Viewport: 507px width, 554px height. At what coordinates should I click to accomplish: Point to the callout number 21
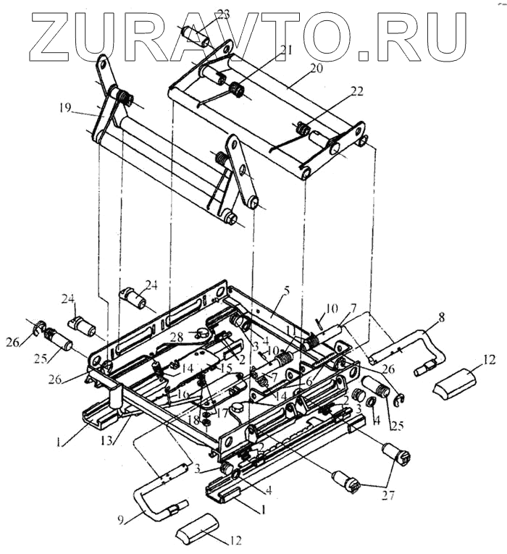point(267,51)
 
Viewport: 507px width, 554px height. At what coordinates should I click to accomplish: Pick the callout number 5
point(287,290)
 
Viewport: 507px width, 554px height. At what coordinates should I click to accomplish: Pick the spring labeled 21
point(235,89)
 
